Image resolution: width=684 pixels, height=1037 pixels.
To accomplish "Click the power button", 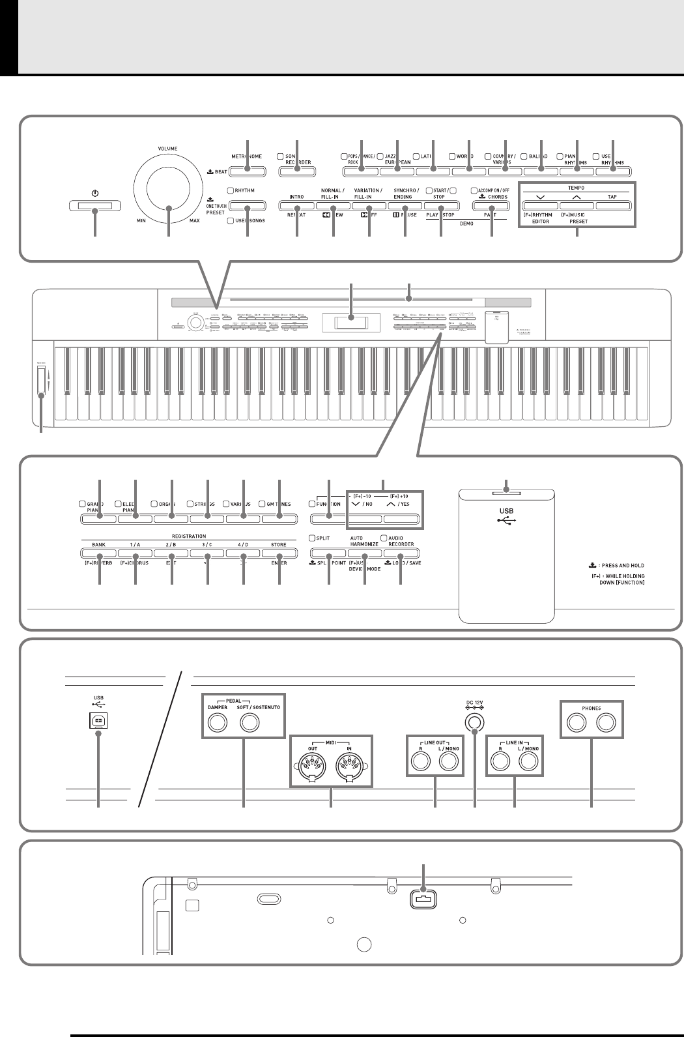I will (x=95, y=207).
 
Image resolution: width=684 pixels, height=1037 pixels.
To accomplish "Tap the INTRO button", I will (x=296, y=207).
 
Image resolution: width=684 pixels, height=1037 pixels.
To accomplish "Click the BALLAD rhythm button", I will (x=541, y=171).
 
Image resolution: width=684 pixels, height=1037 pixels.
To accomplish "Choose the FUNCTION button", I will (x=328, y=519).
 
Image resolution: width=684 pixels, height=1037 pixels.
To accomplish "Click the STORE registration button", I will (x=278, y=553).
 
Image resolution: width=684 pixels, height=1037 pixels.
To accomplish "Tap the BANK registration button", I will (x=100, y=553).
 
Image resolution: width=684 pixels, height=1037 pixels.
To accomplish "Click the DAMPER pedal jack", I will (x=218, y=722).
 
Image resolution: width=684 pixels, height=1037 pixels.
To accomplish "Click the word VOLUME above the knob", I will (x=167, y=149).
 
